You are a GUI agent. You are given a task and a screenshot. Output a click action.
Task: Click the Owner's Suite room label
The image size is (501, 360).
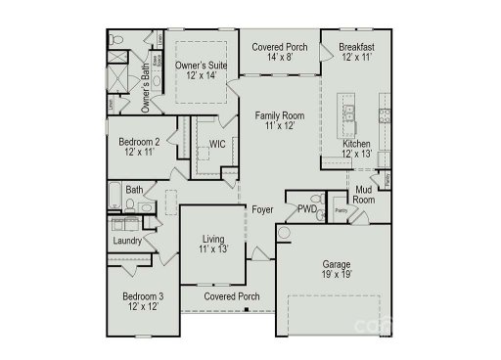pos(201,66)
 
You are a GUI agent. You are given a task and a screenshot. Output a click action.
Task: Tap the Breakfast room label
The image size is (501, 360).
pos(357,47)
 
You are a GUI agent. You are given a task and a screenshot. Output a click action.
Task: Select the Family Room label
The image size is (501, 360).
pos(279,115)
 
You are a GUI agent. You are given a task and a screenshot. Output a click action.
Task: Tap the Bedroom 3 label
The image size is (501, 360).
pos(143,296)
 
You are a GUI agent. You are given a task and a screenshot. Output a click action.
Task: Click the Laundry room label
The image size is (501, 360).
pos(128,241)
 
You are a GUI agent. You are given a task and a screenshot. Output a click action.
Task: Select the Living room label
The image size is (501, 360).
pos(213,238)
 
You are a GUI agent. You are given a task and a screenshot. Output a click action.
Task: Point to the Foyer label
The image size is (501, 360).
pos(262,210)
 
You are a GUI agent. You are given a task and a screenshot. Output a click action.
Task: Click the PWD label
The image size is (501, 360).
pos(306,208)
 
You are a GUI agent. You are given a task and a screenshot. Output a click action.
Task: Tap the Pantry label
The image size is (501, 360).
pos(342,210)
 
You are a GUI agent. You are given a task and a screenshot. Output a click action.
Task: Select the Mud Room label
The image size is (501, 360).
pos(364,194)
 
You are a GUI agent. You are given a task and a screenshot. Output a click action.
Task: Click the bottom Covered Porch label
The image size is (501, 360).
pos(232,295)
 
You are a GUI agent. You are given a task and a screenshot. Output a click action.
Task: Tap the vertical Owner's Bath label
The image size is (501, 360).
pos(145,82)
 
